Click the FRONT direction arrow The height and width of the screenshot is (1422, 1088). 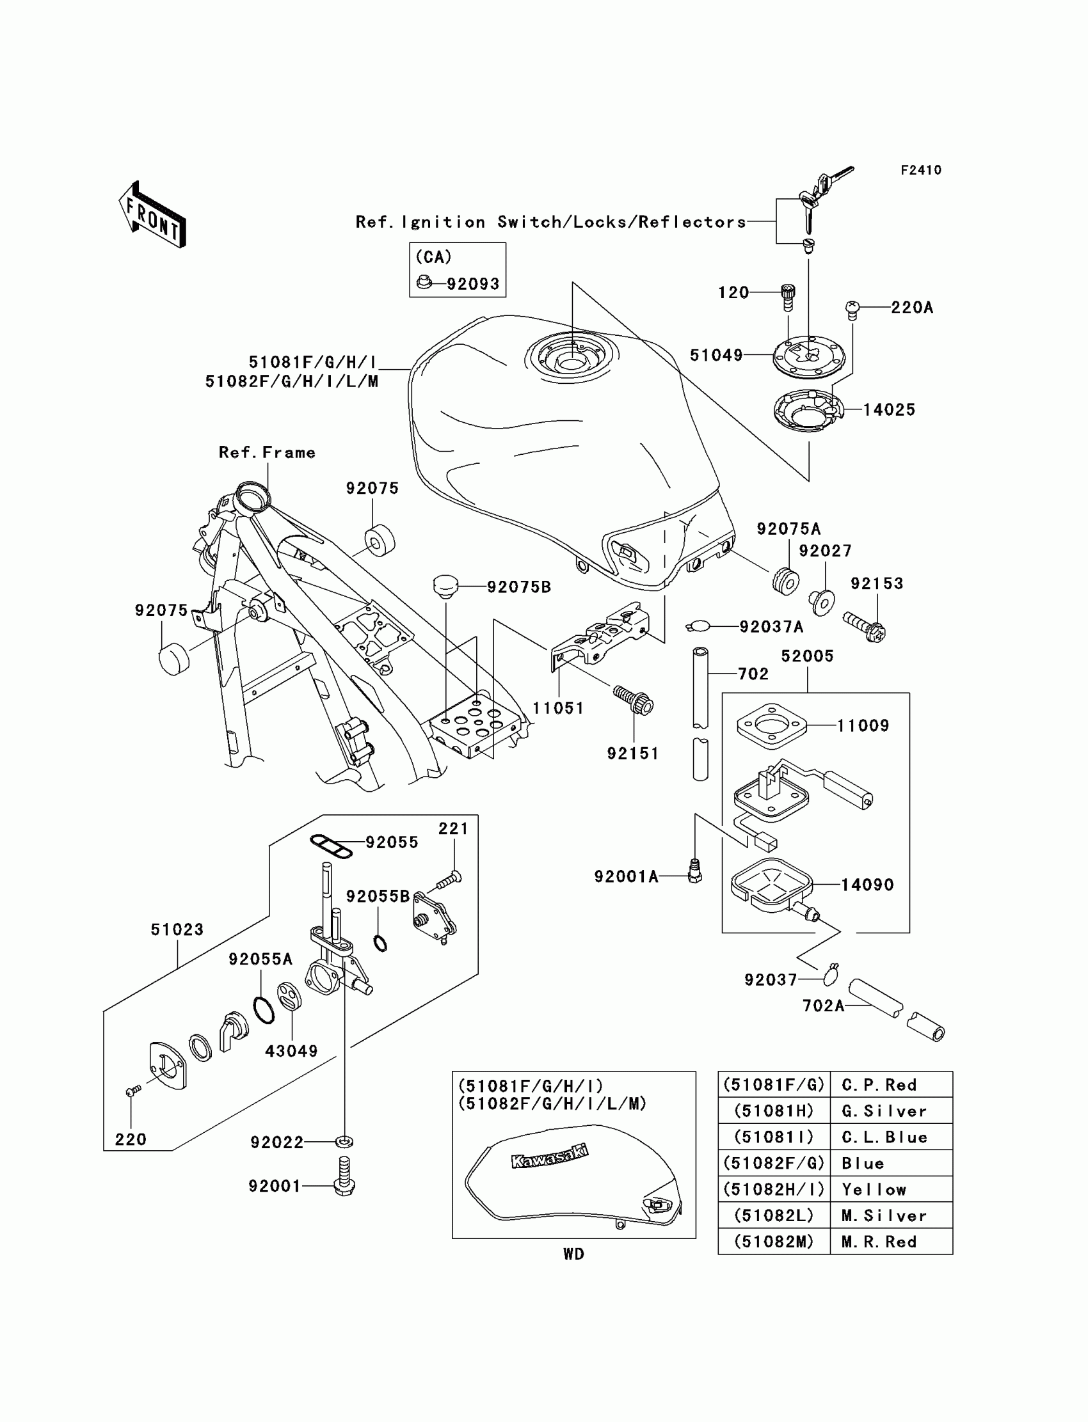[152, 216]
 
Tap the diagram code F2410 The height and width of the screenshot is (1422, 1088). [920, 170]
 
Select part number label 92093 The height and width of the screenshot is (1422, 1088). [473, 284]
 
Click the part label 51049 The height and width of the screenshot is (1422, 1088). [716, 355]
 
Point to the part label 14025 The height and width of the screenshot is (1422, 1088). [888, 409]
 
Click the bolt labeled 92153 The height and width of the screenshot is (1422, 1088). [865, 626]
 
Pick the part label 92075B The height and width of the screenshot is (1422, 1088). [519, 587]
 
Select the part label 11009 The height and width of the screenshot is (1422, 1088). [863, 725]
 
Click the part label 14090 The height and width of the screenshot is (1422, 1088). [867, 885]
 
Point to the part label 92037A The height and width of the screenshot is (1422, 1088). [771, 626]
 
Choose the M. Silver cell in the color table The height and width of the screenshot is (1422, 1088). [883, 1215]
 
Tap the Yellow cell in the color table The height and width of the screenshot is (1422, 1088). [874, 1189]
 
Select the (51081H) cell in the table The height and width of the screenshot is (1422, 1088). [773, 1110]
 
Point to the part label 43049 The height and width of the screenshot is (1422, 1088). [291, 1051]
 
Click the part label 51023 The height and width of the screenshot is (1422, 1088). [177, 929]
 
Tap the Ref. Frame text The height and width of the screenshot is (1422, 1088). [267, 452]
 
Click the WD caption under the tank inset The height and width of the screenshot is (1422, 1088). [573, 1254]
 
